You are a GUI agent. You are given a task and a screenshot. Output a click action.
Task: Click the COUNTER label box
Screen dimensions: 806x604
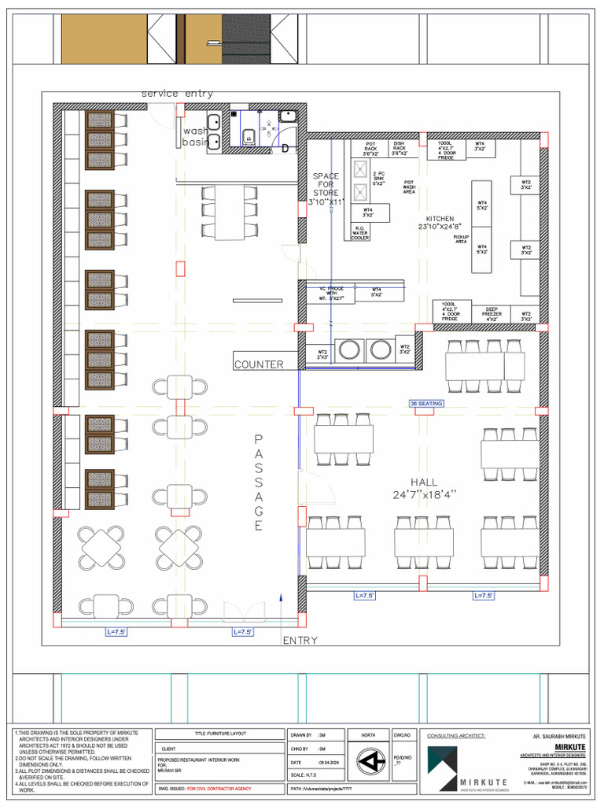(258, 364)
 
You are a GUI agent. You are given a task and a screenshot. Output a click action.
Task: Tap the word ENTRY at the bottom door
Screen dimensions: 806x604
(300, 641)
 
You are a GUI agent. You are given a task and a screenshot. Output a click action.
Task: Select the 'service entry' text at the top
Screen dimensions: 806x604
(177, 94)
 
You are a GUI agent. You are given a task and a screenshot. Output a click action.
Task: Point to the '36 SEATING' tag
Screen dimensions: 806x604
(426, 403)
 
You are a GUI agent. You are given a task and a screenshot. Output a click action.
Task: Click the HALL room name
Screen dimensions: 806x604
(424, 482)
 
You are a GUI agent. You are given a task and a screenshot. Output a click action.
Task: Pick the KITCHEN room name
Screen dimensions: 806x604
(440, 219)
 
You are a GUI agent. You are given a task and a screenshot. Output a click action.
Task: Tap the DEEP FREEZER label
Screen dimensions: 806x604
(492, 312)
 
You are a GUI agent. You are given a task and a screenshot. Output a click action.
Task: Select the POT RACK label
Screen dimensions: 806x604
(370, 150)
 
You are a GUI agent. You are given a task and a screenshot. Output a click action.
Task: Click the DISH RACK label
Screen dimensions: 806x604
(400, 150)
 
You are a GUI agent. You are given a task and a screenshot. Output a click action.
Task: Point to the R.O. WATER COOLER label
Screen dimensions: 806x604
(360, 234)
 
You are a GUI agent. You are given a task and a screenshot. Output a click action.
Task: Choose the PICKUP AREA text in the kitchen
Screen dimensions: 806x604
(461, 238)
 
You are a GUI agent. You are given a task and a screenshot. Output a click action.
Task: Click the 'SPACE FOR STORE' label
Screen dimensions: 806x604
(326, 184)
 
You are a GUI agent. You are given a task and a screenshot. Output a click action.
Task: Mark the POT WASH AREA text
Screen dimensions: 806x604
(409, 187)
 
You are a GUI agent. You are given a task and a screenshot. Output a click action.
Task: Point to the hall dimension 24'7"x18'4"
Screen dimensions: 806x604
(425, 495)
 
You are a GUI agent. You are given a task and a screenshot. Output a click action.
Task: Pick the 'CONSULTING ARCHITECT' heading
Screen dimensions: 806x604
(456, 735)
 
